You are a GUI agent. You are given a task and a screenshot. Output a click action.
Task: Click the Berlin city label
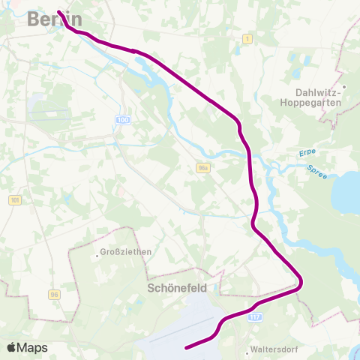pyautogui.click(x=55, y=19)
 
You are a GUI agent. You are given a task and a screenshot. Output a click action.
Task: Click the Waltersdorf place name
pyautogui.click(x=275, y=350)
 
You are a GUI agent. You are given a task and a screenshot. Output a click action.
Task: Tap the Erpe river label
pyautogui.click(x=307, y=153)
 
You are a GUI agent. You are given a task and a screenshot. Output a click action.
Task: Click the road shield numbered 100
pyautogui.click(x=123, y=121)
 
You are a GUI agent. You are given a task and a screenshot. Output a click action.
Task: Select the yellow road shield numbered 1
pyautogui.click(x=247, y=38)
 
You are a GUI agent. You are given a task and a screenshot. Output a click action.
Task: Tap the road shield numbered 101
pyautogui.click(x=16, y=200)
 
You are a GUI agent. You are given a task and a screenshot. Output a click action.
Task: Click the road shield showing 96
pyautogui.click(x=54, y=294)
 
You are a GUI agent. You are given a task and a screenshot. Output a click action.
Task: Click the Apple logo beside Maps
pyautogui.click(x=12, y=347)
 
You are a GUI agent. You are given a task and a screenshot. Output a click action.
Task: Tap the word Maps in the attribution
pyautogui.click(x=32, y=347)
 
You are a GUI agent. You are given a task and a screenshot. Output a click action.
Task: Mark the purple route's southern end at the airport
pyautogui.click(x=186, y=346)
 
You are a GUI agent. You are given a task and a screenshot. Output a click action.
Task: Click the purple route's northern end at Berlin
pyautogui.click(x=58, y=12)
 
